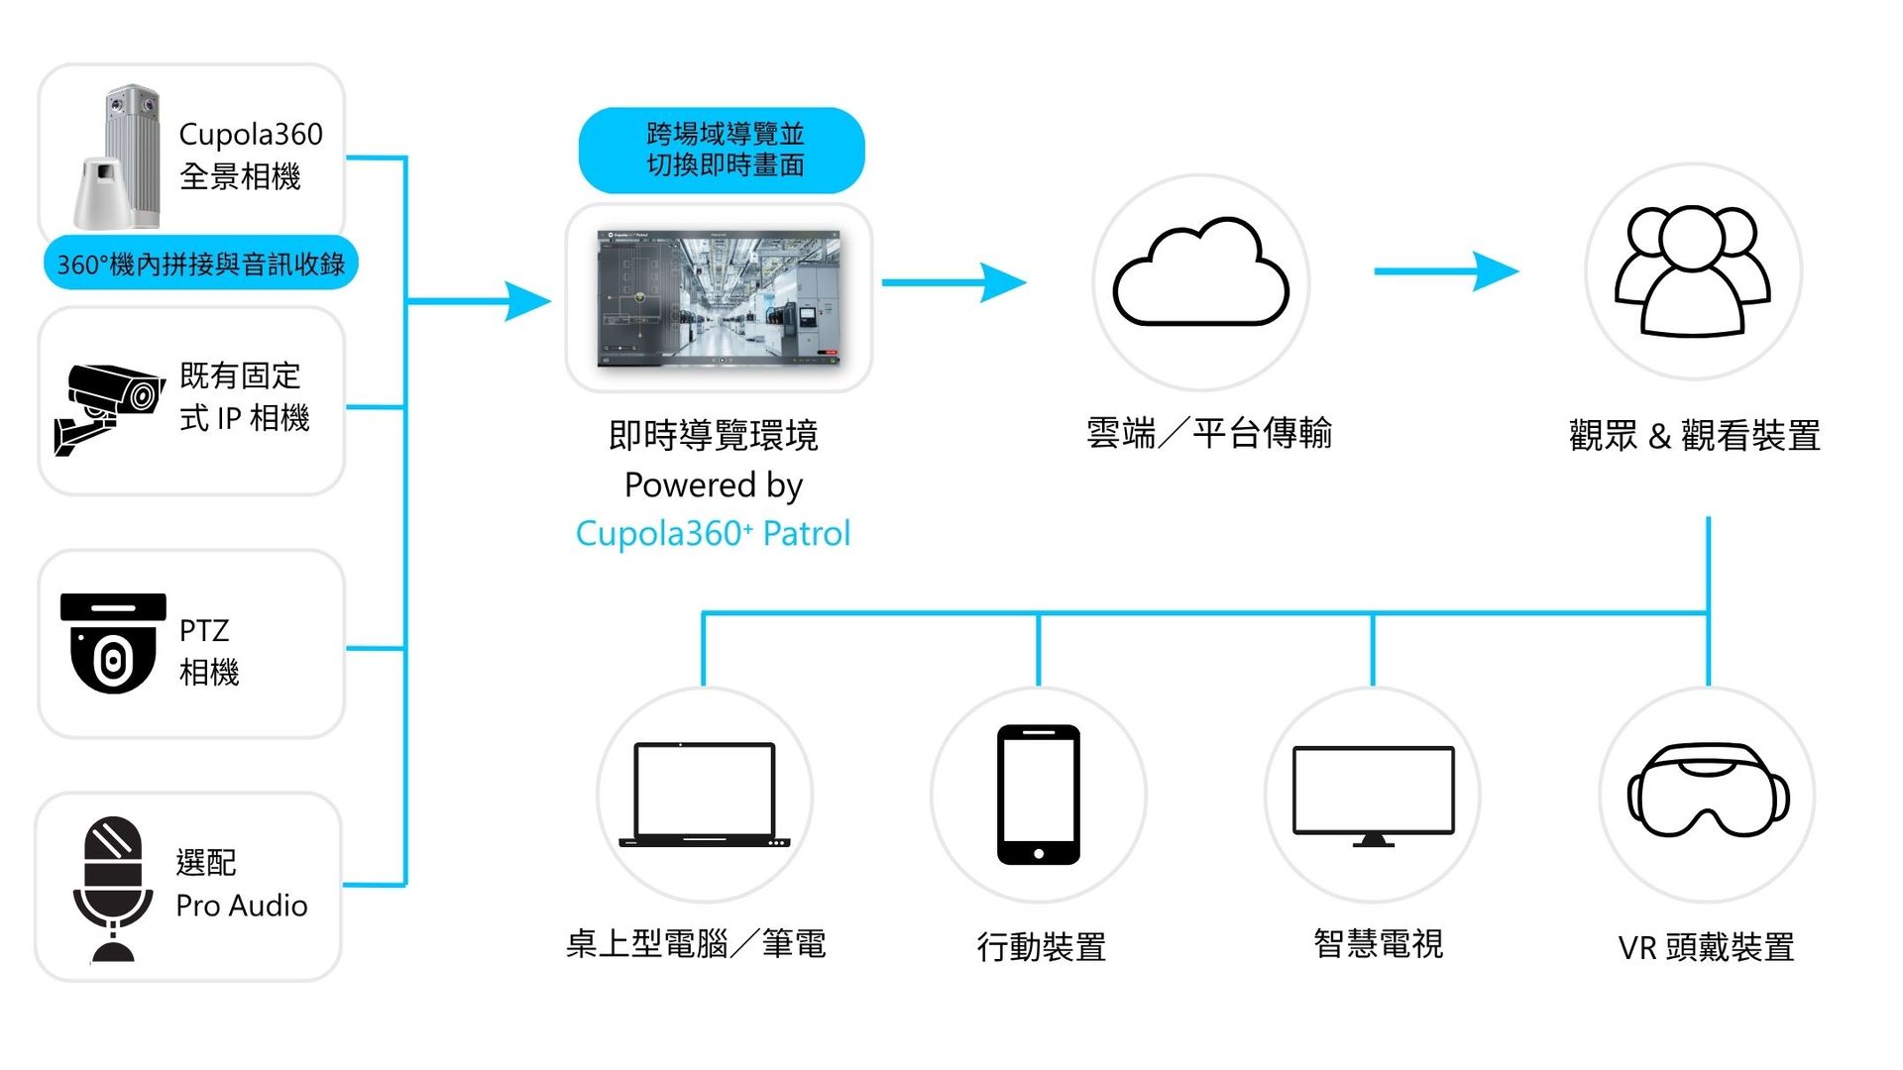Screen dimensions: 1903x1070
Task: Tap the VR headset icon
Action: pyautogui.click(x=1708, y=790)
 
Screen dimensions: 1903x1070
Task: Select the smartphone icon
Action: pyautogui.click(x=1038, y=794)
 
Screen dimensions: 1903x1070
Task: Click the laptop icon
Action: pyautogui.click(x=704, y=795)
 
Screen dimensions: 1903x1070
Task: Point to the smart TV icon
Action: pyautogui.click(x=1373, y=796)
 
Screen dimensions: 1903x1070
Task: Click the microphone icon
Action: pyautogui.click(x=113, y=888)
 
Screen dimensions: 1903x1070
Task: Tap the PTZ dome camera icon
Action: pyautogui.click(x=113, y=643)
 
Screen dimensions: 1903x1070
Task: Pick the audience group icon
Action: pyautogui.click(x=1693, y=270)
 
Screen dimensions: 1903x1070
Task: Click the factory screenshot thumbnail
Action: pyautogui.click(x=719, y=298)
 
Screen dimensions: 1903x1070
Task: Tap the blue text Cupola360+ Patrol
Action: pyautogui.click(x=713, y=533)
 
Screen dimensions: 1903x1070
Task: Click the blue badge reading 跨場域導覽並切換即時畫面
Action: pyautogui.click(x=722, y=150)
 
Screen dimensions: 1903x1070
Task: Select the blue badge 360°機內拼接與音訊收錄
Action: pyautogui.click(x=200, y=264)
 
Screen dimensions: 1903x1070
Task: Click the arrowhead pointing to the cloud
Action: pyautogui.click(x=1004, y=282)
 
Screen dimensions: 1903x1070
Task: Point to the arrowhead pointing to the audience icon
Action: pyautogui.click(x=1497, y=270)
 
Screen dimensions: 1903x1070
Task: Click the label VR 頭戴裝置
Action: pyautogui.click(x=1706, y=947)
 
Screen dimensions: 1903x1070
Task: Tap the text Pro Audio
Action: pyautogui.click(x=242, y=906)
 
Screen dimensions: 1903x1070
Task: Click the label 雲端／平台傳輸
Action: pyautogui.click(x=1208, y=433)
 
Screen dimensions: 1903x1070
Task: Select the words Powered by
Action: pyautogui.click(x=714, y=484)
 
